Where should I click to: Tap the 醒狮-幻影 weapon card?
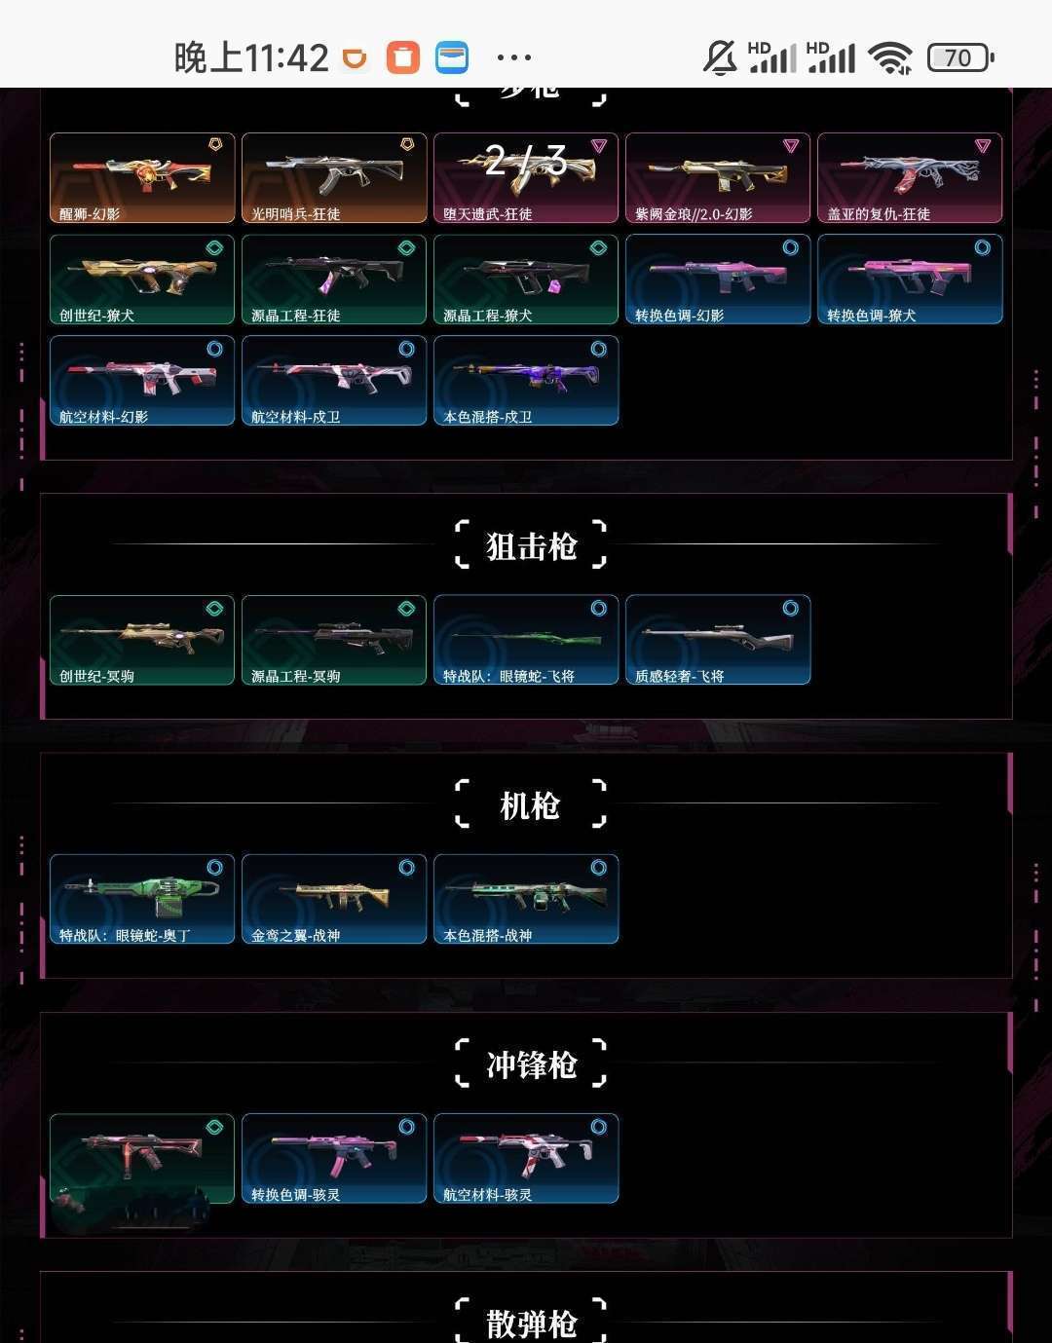coord(142,177)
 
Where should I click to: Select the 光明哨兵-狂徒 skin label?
coord(295,214)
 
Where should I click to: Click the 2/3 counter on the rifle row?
coord(526,161)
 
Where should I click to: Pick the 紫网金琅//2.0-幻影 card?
coord(718,177)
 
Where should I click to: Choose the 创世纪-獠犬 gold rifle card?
coord(142,279)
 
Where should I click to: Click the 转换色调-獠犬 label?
coord(871,316)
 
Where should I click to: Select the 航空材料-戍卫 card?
coord(334,380)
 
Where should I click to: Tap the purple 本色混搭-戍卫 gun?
coord(526,375)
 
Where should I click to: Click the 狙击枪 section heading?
coord(531,546)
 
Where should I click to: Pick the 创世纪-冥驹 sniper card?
coord(142,640)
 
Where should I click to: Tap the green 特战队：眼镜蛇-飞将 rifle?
coord(526,638)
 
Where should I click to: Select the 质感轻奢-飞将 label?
coord(679,676)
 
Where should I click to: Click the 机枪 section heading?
coord(530,805)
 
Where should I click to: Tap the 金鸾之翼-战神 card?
coord(334,899)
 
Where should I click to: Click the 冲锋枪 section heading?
coord(531,1064)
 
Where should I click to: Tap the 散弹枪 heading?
coord(531,1323)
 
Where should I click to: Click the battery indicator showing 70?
coord(959,57)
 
